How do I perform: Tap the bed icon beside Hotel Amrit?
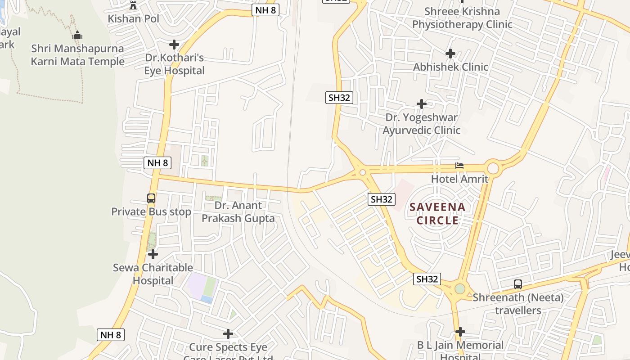[x=459, y=166]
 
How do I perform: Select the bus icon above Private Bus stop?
[x=151, y=198]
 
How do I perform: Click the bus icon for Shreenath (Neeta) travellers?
[x=518, y=284]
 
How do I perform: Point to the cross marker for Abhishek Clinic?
[x=450, y=54]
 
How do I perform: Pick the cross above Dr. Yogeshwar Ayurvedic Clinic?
[x=421, y=104]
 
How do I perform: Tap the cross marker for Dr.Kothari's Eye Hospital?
[x=174, y=45]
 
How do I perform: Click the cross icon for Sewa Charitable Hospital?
[x=153, y=254]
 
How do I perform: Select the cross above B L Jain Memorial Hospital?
[x=460, y=332]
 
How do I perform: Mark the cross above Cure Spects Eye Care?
[x=228, y=334]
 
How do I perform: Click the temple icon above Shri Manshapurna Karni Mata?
[x=77, y=35]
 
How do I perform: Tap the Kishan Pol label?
[x=134, y=18]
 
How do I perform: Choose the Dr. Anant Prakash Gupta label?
[x=238, y=212]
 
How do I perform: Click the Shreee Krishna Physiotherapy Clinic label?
[x=462, y=18]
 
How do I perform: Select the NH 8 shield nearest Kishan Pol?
[x=265, y=10]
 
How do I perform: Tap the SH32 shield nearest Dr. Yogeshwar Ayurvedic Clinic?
[x=339, y=97]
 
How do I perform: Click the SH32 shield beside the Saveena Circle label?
[x=382, y=199]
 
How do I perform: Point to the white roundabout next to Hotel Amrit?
[x=493, y=168]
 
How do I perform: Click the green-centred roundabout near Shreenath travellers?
[x=459, y=288]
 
